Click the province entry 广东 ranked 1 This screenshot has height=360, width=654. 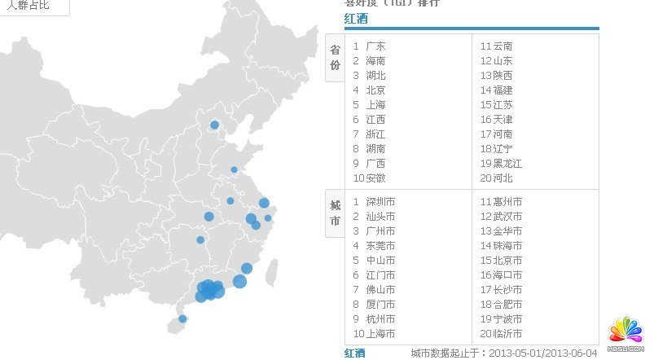point(375,46)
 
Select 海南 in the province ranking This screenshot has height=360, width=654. point(375,61)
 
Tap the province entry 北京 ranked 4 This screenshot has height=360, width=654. point(375,90)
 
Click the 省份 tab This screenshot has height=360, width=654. point(335,58)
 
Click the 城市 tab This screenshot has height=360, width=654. point(335,213)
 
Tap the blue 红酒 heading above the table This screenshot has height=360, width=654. point(356,19)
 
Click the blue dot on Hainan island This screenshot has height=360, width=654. point(182,318)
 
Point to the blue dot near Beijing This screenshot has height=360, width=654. point(214,125)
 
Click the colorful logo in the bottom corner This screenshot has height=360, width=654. point(625,329)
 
